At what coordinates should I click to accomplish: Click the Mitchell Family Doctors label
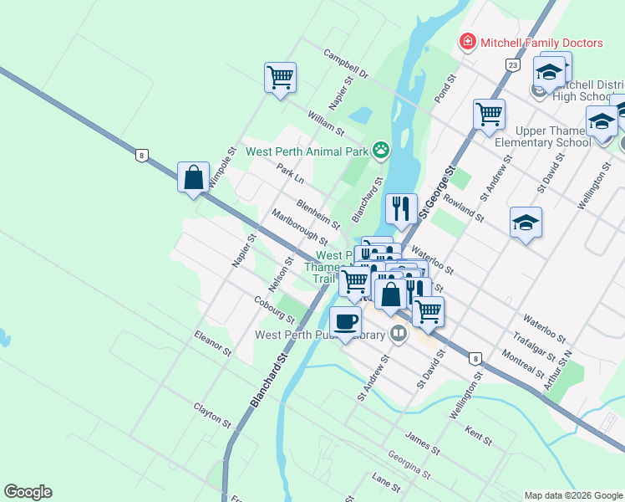tap(541, 43)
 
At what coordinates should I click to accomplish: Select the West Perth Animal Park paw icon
tap(382, 151)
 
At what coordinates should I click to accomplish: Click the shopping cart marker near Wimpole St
tap(280, 78)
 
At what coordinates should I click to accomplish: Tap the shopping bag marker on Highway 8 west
tap(193, 177)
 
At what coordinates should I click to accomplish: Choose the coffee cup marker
tap(344, 322)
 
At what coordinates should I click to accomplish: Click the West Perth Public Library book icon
tap(399, 336)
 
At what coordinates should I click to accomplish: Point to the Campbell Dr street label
tap(347, 64)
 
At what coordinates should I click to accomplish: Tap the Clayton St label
tap(212, 413)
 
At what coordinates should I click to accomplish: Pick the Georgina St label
tap(409, 466)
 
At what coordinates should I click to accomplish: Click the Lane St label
tap(386, 484)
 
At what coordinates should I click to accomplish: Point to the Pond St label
tap(443, 89)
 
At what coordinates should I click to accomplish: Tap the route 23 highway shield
tap(512, 64)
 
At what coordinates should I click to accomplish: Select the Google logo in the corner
tap(28, 492)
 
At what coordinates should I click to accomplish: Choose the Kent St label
tap(478, 434)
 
